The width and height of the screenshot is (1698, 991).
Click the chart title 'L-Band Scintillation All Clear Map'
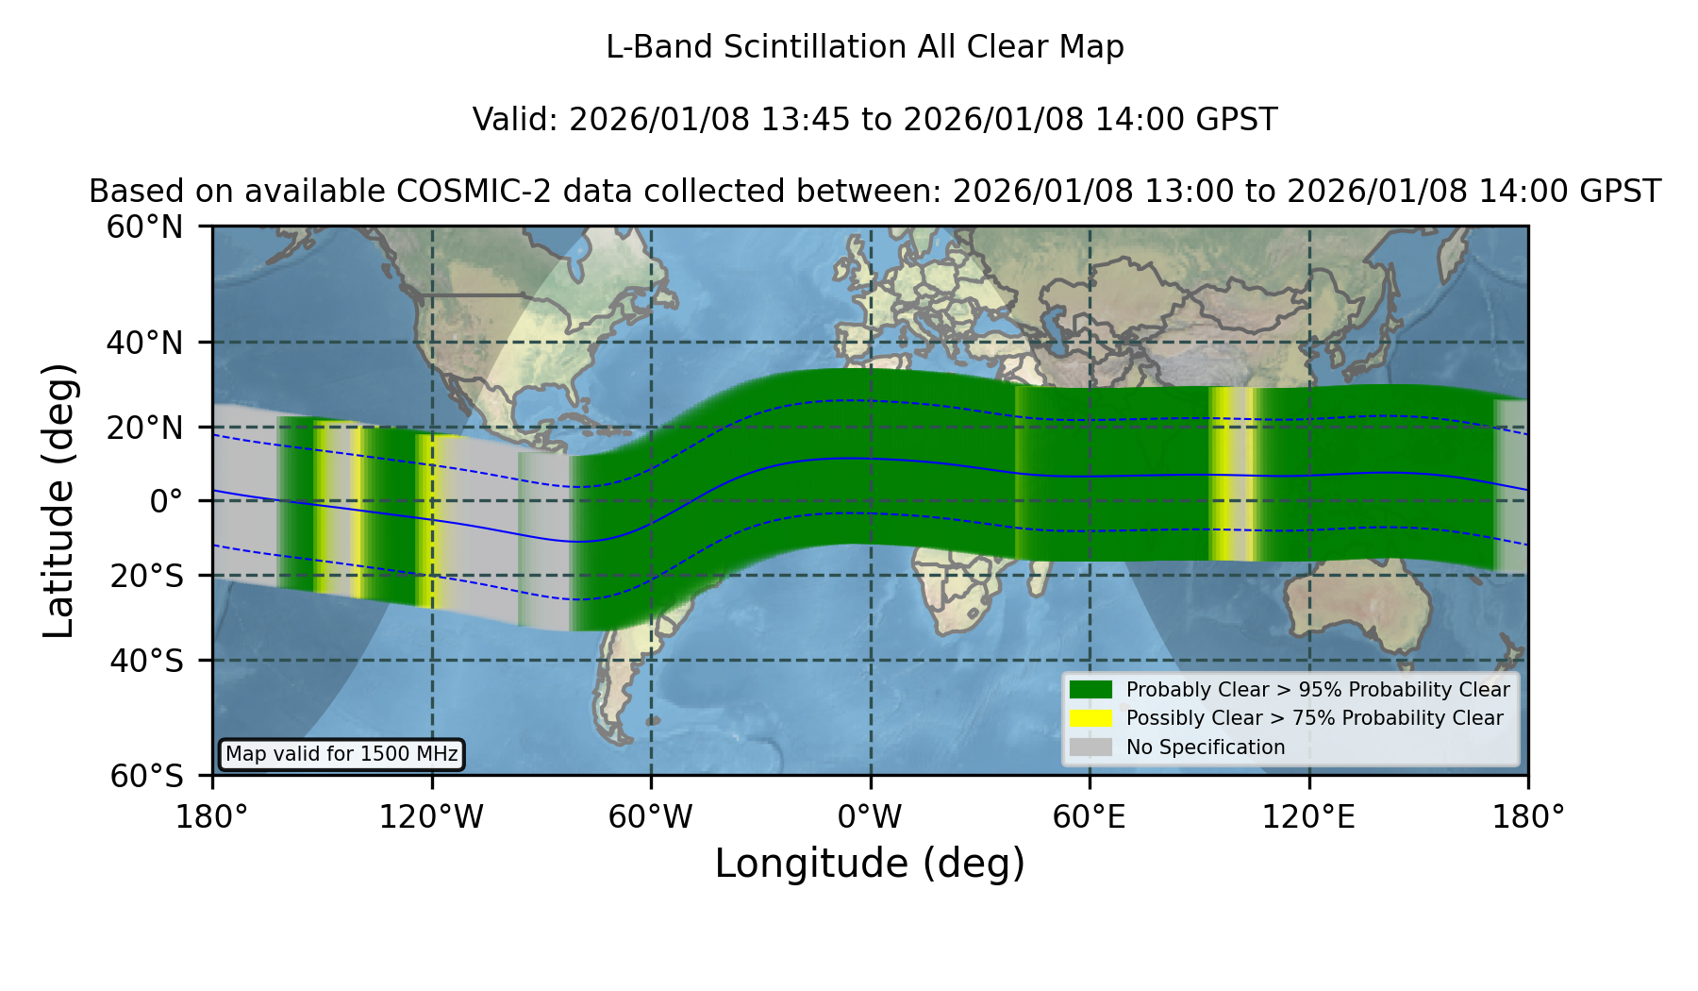[864, 47]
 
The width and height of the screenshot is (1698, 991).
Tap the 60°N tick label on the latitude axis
[144, 227]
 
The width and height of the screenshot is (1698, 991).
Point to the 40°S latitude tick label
[146, 661]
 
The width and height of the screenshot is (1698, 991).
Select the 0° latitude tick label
[166, 501]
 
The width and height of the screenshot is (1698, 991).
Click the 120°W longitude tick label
[431, 817]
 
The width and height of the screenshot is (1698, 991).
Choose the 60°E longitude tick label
[1090, 817]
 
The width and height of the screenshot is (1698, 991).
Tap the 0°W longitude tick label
[871, 817]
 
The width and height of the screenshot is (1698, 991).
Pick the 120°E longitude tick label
[1309, 817]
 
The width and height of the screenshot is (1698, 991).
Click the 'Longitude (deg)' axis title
[870, 864]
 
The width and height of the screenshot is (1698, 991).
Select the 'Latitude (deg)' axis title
[58, 500]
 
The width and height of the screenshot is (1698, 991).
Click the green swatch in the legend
[1090, 690]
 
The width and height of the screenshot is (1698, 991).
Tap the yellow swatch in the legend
[1090, 718]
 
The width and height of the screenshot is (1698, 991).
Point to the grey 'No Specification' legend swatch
[1090, 747]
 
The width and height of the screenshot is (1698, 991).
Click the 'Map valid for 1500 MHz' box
[341, 754]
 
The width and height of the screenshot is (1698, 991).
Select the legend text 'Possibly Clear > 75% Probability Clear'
[1315, 718]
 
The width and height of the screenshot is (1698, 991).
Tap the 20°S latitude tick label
[146, 575]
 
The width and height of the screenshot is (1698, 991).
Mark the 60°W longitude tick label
[651, 817]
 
